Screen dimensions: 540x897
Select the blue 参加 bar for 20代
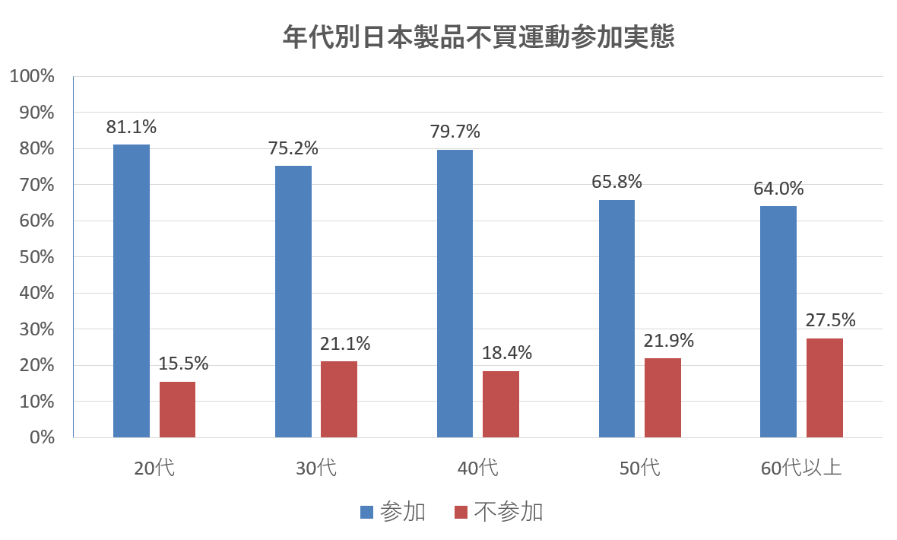(x=132, y=291)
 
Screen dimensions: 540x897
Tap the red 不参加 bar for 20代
(x=177, y=409)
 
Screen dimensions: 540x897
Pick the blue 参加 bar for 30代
(x=293, y=301)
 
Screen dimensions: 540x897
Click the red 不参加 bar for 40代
(x=501, y=404)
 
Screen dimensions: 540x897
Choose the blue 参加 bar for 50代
(x=616, y=318)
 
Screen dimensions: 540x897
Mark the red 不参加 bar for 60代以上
(x=825, y=388)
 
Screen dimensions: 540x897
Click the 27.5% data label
(x=831, y=320)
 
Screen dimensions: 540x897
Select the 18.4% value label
(x=507, y=353)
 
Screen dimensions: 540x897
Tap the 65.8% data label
(x=616, y=182)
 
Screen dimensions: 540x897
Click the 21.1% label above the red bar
(x=345, y=344)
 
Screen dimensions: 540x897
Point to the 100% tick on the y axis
(x=32, y=76)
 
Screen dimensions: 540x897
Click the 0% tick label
(x=41, y=437)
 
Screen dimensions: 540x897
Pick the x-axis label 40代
(x=478, y=468)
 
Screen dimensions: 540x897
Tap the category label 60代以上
(x=801, y=468)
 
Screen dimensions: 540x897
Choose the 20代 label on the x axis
(x=154, y=468)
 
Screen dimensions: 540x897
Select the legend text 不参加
(x=509, y=513)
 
